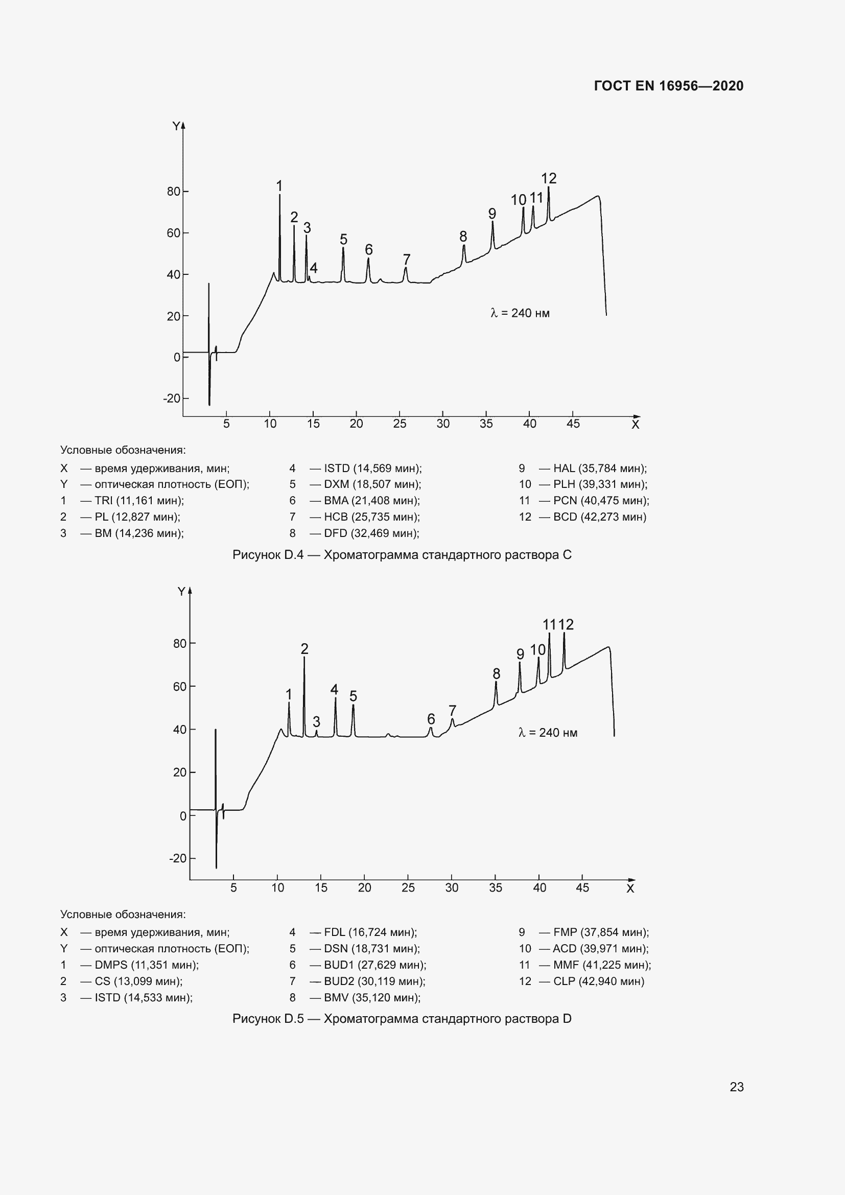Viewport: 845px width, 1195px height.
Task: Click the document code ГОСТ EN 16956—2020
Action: click(x=669, y=86)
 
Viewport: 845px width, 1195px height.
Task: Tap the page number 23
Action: click(x=736, y=1087)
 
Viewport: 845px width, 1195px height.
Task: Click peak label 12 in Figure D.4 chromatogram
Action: click(x=548, y=178)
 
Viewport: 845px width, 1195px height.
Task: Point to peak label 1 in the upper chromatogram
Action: click(x=279, y=186)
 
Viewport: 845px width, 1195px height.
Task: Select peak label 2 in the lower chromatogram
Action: click(x=304, y=648)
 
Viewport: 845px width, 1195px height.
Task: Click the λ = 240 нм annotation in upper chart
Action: click(x=520, y=313)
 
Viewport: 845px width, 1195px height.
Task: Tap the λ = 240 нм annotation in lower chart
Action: click(x=548, y=732)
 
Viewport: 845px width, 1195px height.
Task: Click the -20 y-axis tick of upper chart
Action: click(x=172, y=399)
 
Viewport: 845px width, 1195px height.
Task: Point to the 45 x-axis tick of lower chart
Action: click(x=582, y=887)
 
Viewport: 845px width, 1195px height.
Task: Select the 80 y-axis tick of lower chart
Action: click(x=179, y=643)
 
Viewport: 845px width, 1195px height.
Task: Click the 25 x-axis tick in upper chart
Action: click(x=400, y=424)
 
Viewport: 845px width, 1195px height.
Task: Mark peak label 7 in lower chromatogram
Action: click(x=452, y=710)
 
